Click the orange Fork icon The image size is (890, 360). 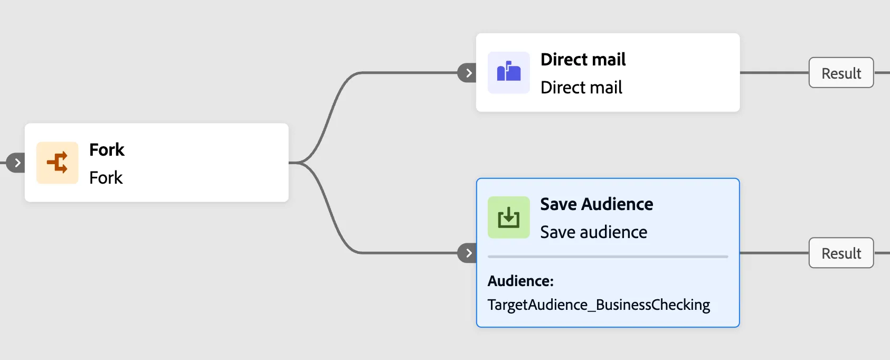coord(57,163)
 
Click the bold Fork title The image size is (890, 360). coord(107,150)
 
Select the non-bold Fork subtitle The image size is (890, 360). coord(106,177)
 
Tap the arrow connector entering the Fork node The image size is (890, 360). coord(16,163)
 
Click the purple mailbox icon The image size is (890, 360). coord(508,73)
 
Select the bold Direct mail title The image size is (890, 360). coord(583,60)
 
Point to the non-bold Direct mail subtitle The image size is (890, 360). coord(581,88)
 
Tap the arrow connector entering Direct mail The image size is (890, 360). coord(467,73)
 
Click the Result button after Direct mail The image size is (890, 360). coord(841,73)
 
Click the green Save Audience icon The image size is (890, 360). coord(508,217)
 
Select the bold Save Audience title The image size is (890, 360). coord(597,204)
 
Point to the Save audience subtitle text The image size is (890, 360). coord(594,232)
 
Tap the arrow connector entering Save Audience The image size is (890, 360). coord(467,253)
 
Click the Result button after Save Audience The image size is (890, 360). coord(841,253)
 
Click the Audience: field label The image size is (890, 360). coord(520,281)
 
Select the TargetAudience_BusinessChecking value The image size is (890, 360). coord(599,305)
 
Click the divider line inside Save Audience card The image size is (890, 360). coord(608,257)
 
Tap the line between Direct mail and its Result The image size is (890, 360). coord(774,73)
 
